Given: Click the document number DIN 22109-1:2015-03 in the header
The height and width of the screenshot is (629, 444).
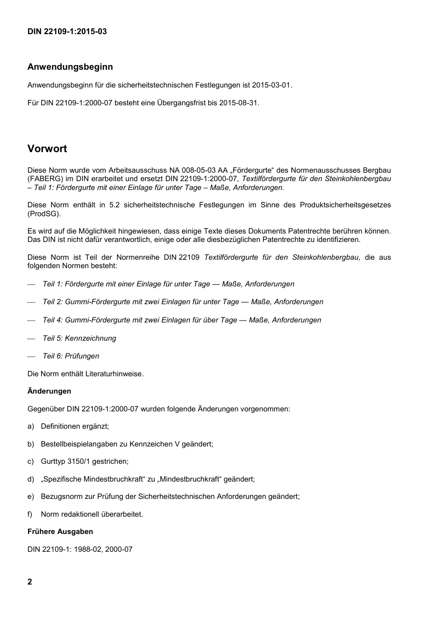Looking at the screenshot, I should pos(67,32).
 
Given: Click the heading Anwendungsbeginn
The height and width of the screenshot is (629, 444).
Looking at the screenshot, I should pos(70,67).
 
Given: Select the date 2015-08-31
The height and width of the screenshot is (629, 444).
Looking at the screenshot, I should pos(239,102).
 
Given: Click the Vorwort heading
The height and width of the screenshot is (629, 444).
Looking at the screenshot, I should pos(47,149).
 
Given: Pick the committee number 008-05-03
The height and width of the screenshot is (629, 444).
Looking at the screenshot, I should pos(196,170).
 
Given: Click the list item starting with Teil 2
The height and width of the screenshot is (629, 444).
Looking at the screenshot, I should pos(183,302).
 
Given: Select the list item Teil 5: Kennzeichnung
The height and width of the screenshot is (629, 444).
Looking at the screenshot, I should pos(79,338).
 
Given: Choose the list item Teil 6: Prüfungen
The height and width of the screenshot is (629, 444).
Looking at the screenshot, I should pos(71,356).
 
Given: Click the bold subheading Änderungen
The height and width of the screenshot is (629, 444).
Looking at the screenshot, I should pos(50,391).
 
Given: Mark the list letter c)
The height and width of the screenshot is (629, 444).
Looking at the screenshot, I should pos(31,461).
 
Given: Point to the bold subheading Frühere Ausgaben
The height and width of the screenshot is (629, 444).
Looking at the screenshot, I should pos(60,532).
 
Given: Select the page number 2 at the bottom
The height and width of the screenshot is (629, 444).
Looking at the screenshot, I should pos(30,582).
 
